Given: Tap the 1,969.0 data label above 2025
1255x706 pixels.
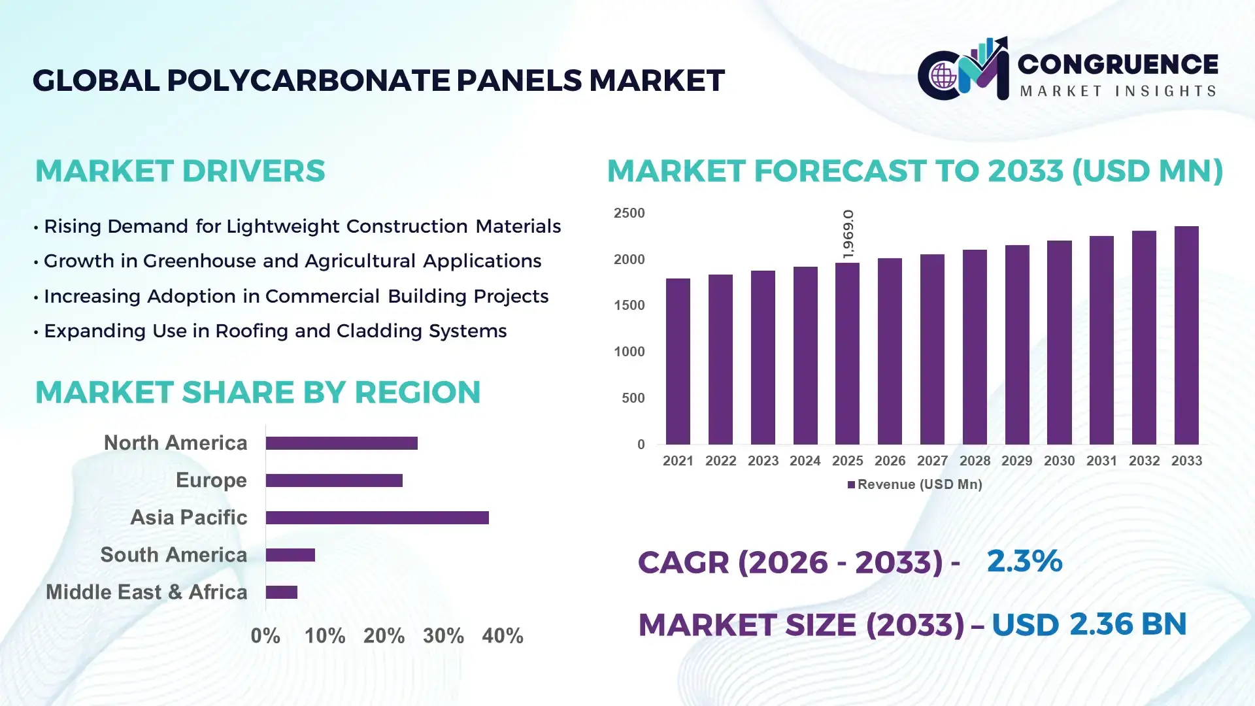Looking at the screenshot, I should click(848, 234).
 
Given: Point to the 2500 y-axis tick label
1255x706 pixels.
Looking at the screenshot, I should click(629, 213).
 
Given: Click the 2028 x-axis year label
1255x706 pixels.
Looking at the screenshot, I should click(975, 461).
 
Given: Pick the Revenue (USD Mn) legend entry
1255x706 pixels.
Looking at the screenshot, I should click(915, 484).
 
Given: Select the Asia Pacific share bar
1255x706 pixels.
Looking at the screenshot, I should click(377, 518).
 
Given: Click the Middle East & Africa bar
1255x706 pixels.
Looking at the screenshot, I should click(282, 592).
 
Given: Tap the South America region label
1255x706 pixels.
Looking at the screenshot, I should click(173, 555).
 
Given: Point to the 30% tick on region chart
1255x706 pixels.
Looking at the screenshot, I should click(443, 636).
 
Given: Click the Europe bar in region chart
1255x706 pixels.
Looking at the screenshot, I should click(334, 480).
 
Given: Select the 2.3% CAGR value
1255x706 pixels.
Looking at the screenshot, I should click(1024, 561).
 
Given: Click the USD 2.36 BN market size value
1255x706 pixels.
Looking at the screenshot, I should click(1088, 624).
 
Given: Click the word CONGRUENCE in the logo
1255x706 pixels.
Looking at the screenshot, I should click(1118, 64).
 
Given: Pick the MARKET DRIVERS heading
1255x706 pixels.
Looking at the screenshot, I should click(180, 171).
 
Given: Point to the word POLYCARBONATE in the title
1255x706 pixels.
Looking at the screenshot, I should click(308, 80).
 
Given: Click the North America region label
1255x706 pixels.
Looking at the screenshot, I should click(175, 443).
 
